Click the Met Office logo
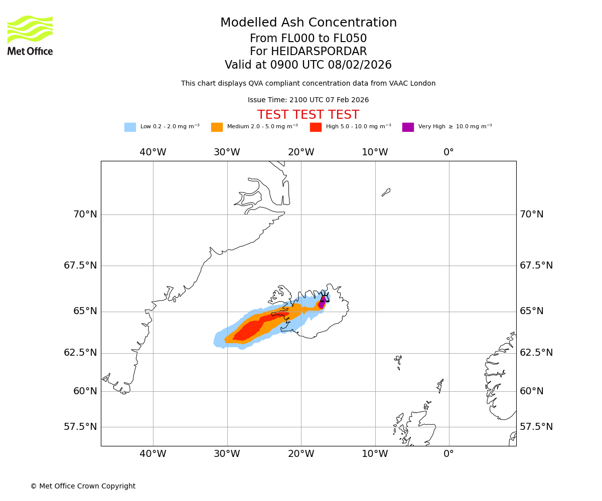(x=30, y=35)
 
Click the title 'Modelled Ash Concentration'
(x=309, y=23)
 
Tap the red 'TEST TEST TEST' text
(x=309, y=115)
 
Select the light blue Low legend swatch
(x=130, y=127)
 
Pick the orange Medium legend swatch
(x=217, y=127)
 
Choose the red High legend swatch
(x=316, y=127)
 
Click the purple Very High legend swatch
(x=408, y=127)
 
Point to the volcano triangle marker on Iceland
(x=325, y=298)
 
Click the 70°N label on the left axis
(x=85, y=214)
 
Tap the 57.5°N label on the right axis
(x=536, y=427)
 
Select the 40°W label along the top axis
(x=153, y=152)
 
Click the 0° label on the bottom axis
(x=449, y=454)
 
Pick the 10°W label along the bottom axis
(x=375, y=454)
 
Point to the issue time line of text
(x=309, y=100)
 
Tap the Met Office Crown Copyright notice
(x=83, y=486)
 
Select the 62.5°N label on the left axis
(x=80, y=353)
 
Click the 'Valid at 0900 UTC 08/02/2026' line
(x=309, y=65)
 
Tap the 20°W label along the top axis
(x=301, y=152)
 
